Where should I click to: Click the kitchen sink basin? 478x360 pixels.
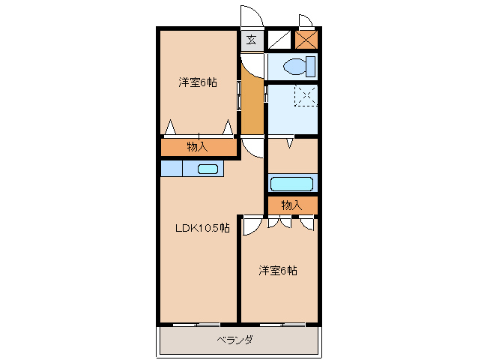point(208,169)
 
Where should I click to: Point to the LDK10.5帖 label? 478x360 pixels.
point(202,228)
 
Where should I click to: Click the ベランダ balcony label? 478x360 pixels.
point(235,340)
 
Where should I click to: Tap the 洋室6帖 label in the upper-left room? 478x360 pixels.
point(198,82)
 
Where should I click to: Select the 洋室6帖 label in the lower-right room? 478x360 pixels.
point(278,270)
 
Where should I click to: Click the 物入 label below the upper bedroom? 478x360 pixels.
point(197,146)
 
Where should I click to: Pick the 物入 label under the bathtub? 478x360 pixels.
point(291,205)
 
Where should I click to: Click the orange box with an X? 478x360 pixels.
point(306,40)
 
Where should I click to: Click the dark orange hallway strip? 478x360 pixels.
point(253,105)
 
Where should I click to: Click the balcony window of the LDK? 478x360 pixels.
point(196,325)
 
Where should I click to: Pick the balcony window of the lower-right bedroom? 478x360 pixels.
point(282,325)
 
